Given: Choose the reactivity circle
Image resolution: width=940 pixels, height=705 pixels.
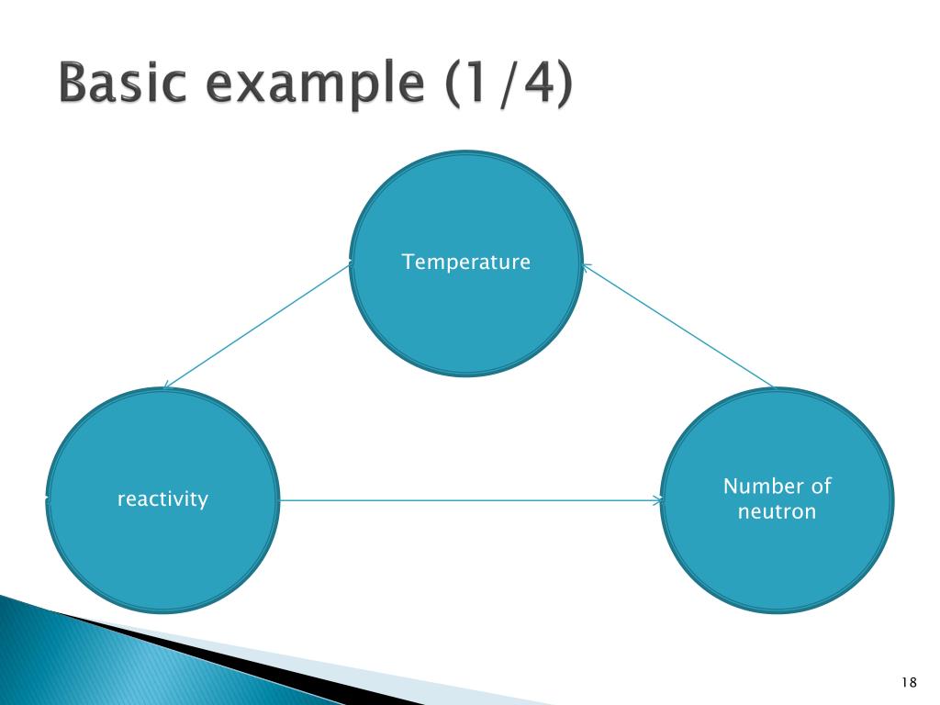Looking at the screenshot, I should (x=162, y=551).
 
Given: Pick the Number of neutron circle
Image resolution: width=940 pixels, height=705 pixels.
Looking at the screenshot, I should (x=777, y=560).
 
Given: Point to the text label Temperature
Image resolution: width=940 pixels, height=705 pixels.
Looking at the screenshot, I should (x=466, y=263).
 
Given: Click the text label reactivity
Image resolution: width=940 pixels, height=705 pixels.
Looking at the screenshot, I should (x=162, y=499).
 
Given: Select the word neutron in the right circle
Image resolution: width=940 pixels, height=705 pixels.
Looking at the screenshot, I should (x=777, y=512).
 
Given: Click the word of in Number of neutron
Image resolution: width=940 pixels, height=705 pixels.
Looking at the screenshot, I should (x=820, y=487).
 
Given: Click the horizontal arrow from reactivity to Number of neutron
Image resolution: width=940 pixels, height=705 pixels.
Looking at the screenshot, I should (x=468, y=500).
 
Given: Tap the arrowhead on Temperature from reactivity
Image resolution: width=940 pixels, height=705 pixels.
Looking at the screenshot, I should (x=349, y=264).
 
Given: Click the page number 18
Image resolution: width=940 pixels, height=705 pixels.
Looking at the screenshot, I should (x=909, y=682).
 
